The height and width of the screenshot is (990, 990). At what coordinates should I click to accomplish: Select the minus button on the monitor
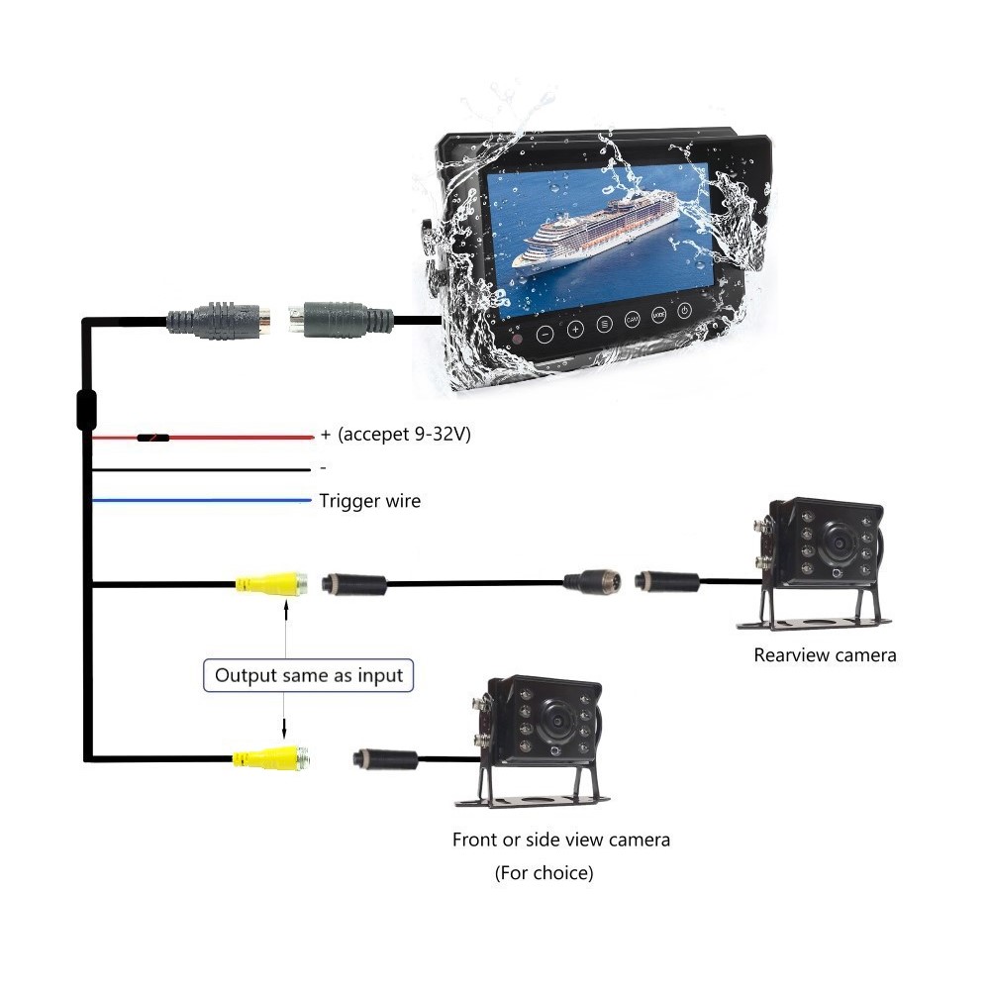pos(544,334)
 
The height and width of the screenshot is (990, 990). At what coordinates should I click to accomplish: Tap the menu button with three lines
pos(605,325)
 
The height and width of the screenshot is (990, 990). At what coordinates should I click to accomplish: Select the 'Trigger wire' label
pos(369,501)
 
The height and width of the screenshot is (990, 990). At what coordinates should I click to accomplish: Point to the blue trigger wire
pos(198,502)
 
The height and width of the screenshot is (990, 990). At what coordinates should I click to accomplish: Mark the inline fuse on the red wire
pos(152,437)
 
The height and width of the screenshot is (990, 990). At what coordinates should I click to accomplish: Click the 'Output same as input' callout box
pos(309,675)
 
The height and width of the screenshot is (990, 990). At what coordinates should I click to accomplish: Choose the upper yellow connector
pos(271,584)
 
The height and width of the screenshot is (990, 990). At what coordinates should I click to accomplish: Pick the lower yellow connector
pos(271,759)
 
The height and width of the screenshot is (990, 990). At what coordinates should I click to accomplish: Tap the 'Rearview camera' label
pos(825,654)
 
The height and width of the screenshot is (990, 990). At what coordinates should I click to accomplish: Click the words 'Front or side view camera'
pos(561,840)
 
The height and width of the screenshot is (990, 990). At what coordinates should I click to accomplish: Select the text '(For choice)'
pos(544,873)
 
